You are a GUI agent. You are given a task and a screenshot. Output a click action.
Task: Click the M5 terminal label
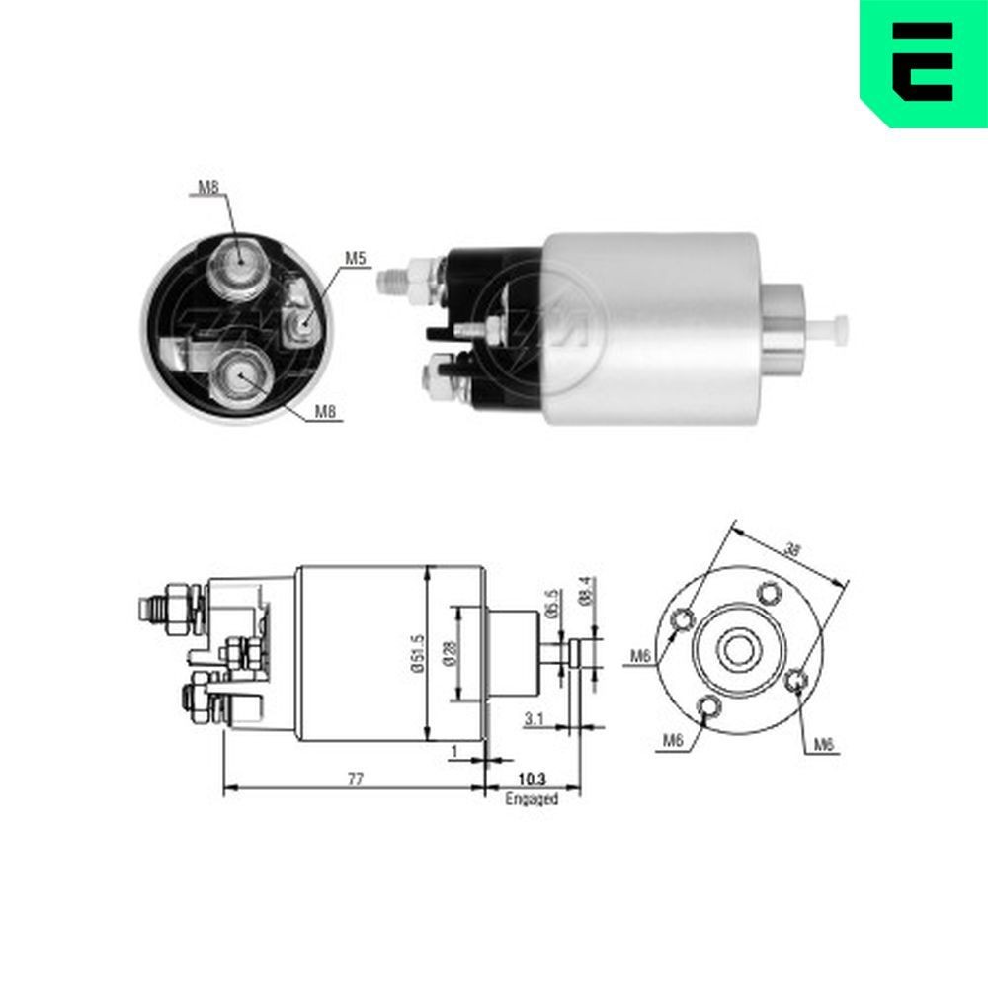(x=355, y=259)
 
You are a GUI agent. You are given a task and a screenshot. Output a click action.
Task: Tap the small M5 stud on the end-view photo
(x=301, y=320)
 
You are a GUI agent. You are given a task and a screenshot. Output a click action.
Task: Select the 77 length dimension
(x=356, y=779)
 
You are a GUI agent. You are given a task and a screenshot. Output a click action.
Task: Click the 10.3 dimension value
(x=533, y=779)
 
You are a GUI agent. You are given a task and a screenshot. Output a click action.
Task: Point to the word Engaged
(x=532, y=798)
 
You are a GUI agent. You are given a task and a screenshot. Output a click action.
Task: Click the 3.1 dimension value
(x=535, y=719)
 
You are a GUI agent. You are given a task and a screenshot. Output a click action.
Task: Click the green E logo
(x=923, y=61)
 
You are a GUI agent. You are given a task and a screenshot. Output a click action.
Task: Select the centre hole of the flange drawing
(x=736, y=649)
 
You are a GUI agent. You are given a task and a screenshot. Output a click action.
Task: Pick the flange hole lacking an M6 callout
(x=768, y=594)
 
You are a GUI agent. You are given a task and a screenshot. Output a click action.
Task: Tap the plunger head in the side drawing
(x=577, y=653)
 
